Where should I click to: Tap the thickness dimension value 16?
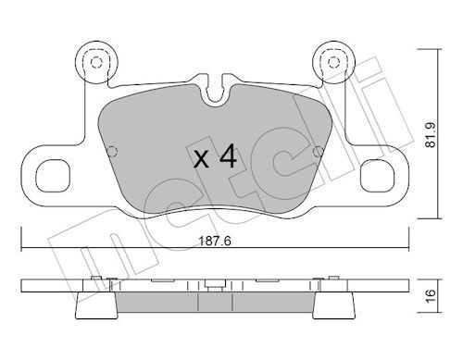click(432, 297)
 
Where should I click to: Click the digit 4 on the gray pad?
click(226, 156)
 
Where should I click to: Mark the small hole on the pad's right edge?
click(317, 153)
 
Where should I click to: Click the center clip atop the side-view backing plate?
click(214, 279)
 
